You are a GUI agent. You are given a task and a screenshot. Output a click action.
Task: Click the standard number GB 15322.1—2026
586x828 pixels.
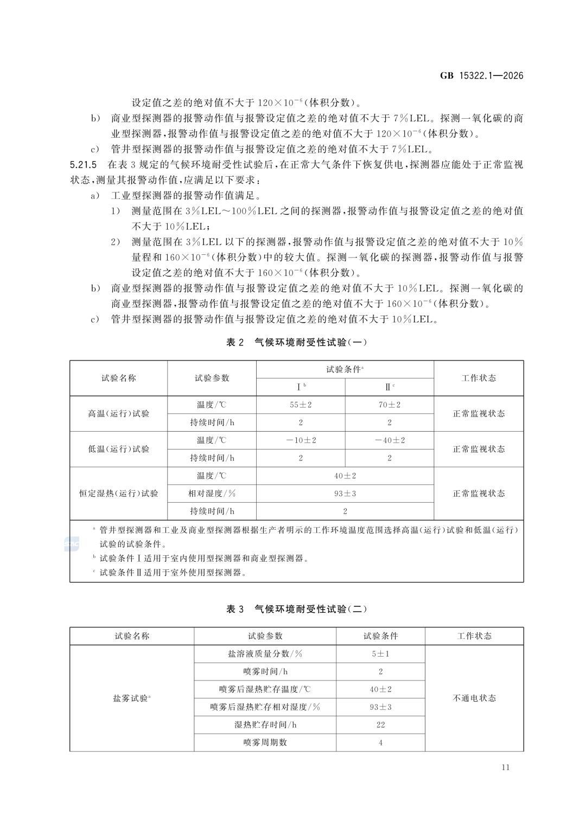point(481,76)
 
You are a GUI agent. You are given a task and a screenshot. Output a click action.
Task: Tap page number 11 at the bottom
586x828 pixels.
point(506,767)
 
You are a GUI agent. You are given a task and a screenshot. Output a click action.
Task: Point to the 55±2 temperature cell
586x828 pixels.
point(301,405)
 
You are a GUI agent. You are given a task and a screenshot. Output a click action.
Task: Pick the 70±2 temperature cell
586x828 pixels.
point(390,405)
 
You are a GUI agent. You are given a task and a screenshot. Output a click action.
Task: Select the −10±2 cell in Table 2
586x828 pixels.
point(301,440)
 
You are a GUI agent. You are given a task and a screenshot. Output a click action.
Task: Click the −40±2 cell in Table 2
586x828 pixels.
point(390,440)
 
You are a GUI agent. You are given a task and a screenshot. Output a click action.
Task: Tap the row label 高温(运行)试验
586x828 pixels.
point(118,414)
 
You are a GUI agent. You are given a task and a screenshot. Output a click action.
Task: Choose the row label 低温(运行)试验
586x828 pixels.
point(118,449)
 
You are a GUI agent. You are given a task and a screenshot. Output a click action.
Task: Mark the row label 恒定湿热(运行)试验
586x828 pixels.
point(118,493)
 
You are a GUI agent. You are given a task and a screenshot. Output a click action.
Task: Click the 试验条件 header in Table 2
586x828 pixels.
point(345,369)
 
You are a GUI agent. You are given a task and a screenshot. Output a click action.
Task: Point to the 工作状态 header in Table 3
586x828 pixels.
point(474,636)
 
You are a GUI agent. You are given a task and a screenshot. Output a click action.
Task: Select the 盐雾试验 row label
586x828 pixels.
point(131,698)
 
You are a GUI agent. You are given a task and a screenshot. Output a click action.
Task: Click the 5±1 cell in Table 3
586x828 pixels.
point(380,654)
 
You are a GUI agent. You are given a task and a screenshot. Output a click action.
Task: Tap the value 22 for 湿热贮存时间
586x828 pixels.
point(380,725)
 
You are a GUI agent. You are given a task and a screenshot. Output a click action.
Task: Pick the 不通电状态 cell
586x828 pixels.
point(474,698)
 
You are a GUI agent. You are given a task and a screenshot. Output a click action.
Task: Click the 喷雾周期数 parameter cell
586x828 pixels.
point(265,742)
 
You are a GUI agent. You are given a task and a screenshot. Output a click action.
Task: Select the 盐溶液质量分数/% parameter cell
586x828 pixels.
point(265,654)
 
